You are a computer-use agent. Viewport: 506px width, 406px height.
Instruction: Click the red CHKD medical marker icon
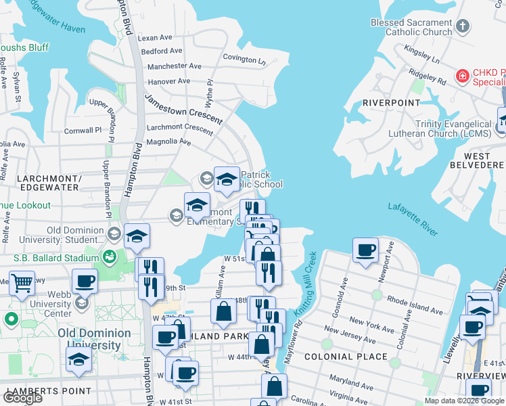tap(463, 76)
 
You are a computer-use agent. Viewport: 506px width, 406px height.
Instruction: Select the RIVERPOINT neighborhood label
tap(388, 102)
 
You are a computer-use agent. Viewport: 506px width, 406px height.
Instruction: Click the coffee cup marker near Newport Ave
tap(366, 250)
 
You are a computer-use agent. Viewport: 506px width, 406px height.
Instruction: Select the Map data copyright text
tap(464, 401)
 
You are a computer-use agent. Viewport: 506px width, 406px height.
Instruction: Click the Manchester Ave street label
tap(175, 66)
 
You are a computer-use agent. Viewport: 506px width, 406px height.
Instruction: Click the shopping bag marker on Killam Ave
tap(223, 312)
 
